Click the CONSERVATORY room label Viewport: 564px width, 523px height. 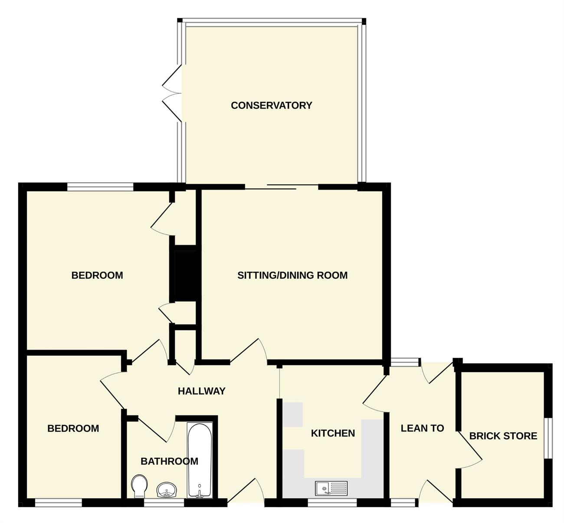[x=272, y=105]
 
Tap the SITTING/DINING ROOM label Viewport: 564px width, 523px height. [x=292, y=275]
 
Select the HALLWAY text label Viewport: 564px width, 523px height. [x=202, y=391]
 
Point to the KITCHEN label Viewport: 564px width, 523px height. [x=333, y=433]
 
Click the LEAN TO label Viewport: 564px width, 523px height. [x=422, y=428]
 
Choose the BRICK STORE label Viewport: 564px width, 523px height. [x=503, y=436]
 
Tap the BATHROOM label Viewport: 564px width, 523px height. [x=170, y=461]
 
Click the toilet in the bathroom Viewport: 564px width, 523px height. [x=139, y=486]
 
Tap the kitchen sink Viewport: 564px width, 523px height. [x=331, y=488]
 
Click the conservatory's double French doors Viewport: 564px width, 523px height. [x=172, y=93]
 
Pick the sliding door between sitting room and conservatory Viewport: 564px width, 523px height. [x=282, y=187]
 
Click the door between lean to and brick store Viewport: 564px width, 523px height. [x=470, y=450]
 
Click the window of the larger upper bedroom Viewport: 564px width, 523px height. [x=100, y=187]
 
